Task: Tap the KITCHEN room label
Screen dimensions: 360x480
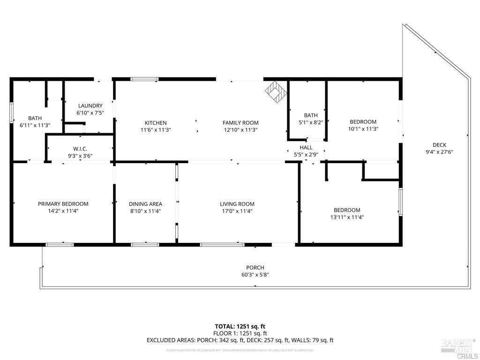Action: click(156, 123)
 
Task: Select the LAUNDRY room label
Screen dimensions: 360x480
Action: click(90, 106)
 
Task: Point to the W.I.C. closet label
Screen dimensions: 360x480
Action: click(80, 149)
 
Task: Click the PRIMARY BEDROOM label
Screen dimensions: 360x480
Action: click(63, 204)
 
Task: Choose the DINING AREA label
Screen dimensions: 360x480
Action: click(145, 204)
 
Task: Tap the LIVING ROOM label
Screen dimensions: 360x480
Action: click(237, 204)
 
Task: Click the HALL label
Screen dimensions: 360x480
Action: click(306, 148)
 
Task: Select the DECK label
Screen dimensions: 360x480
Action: click(439, 145)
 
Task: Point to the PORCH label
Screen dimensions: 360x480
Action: click(255, 268)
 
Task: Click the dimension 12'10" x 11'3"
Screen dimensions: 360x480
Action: click(240, 130)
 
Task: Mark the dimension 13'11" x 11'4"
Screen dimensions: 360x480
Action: click(347, 217)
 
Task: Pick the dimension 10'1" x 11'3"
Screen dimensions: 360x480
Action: click(363, 129)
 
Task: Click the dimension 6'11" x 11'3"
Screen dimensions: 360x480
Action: click(35, 125)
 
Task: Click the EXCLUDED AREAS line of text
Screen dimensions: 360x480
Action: click(240, 340)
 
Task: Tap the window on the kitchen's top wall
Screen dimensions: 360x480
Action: click(144, 79)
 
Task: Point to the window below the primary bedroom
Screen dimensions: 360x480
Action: click(60, 244)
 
